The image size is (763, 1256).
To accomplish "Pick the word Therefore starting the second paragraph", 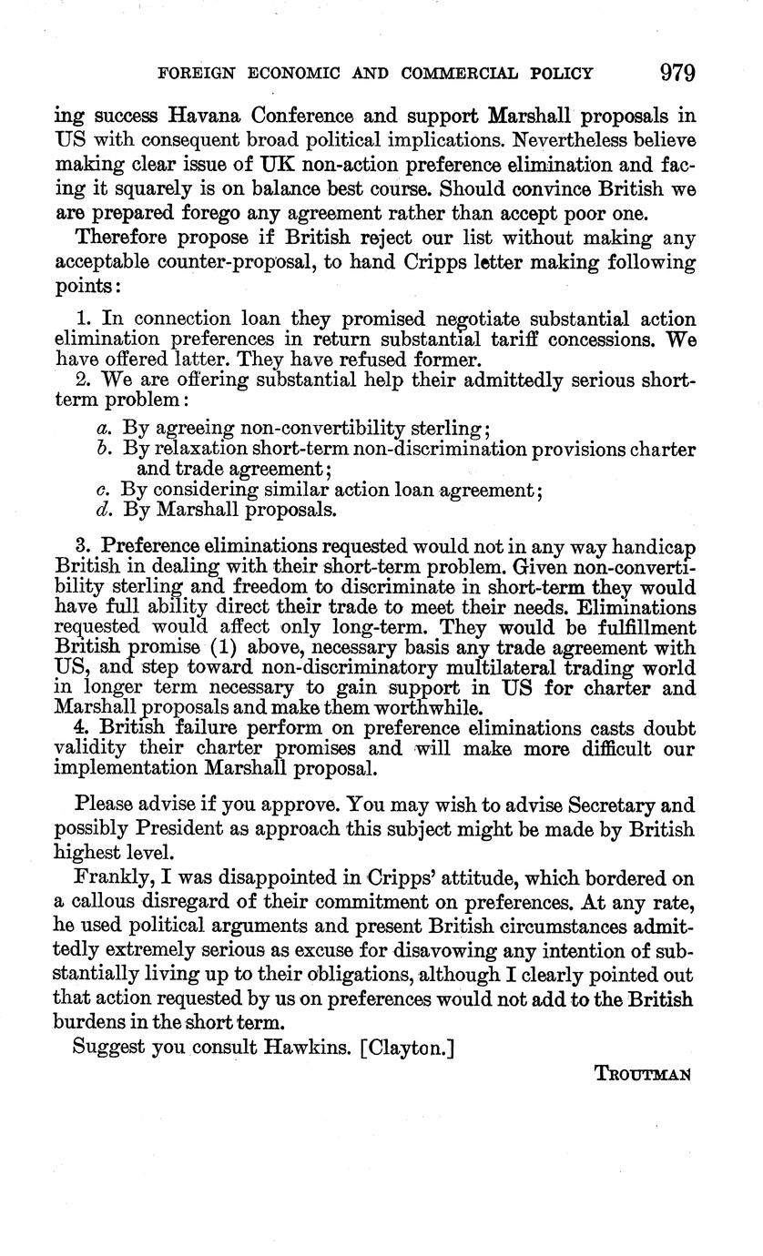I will point(125,238).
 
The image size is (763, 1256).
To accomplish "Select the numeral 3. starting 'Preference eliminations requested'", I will point(85,546).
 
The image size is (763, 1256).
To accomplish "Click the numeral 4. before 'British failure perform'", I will point(85,728).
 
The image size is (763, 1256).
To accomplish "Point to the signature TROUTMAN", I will point(644,1073).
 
